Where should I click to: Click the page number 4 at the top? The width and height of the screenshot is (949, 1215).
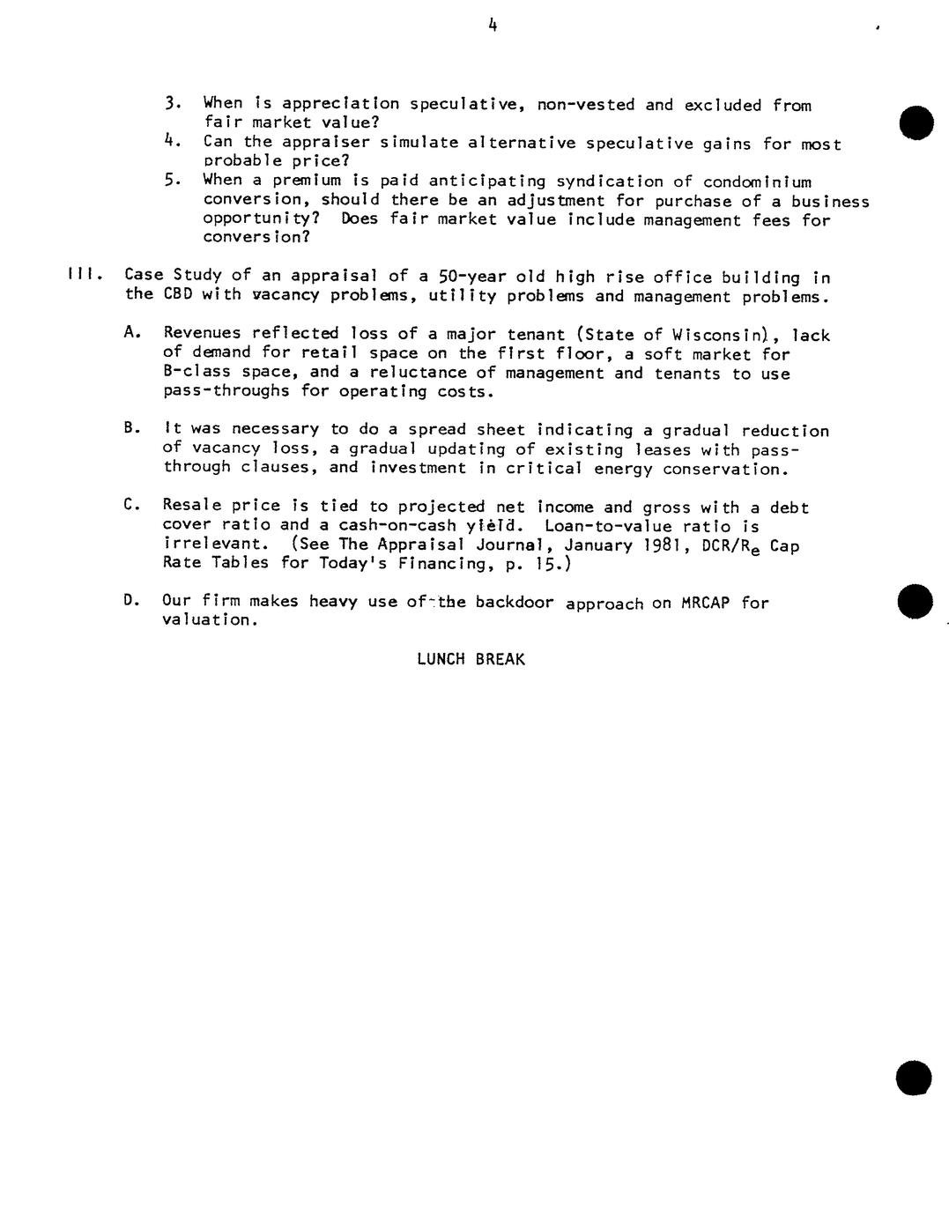click(493, 26)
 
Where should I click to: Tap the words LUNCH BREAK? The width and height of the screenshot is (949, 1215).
click(471, 659)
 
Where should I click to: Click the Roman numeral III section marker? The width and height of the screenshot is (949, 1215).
click(84, 275)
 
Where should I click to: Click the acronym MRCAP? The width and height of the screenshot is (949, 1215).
click(706, 603)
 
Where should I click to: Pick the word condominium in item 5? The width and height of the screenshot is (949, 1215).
click(757, 182)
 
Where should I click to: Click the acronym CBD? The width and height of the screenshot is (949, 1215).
click(178, 295)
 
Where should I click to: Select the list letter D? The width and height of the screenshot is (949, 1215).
click(131, 601)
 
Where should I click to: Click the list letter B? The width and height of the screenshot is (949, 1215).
click(131, 428)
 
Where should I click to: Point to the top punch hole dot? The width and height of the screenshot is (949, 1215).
click(916, 122)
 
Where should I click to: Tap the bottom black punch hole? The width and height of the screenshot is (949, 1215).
click(913, 1078)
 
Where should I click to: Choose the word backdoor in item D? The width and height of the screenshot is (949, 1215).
click(515, 603)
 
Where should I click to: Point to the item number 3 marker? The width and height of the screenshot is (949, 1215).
click(172, 104)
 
